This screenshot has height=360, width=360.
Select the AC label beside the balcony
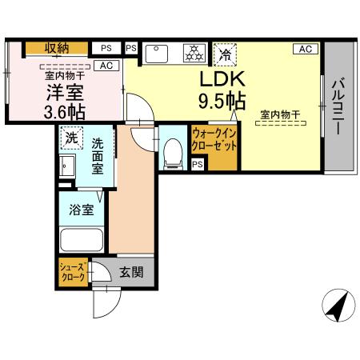click(305, 49)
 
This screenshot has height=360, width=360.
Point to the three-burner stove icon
click(193, 54)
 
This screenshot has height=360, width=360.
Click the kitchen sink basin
click(157, 54)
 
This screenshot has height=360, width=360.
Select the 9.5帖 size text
click(222, 102)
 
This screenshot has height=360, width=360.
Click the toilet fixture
click(171, 152)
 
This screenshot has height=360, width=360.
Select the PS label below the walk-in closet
click(197, 165)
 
